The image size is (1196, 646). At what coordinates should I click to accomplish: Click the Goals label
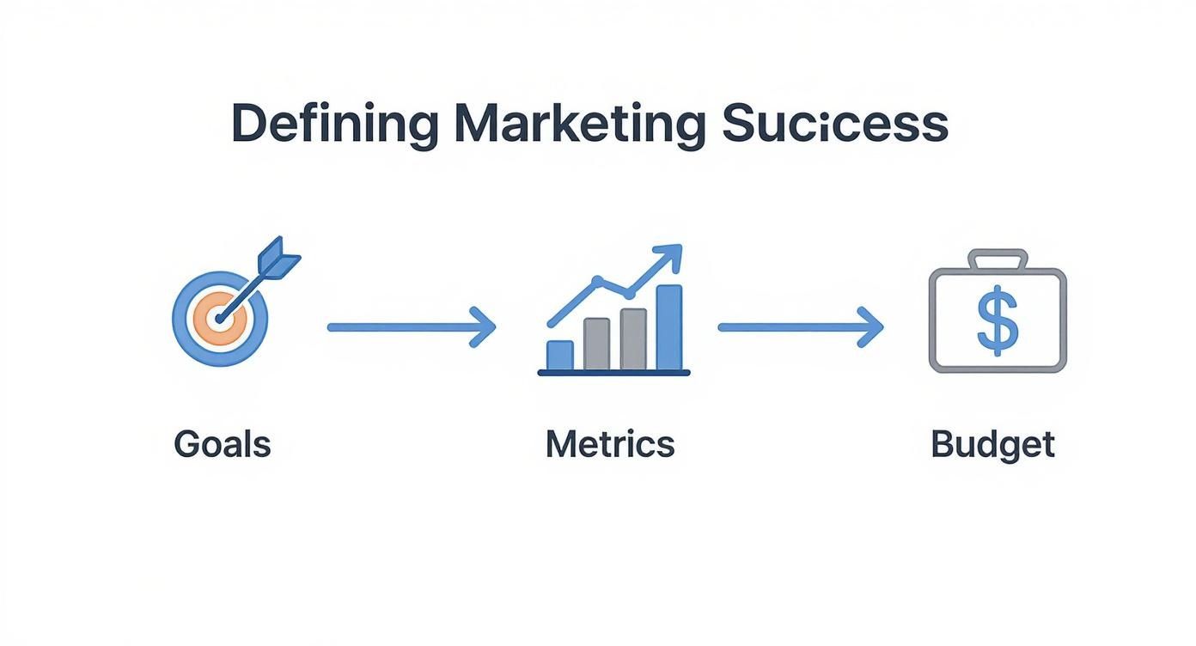point(222,445)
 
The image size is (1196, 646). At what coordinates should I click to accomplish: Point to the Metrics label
point(610,445)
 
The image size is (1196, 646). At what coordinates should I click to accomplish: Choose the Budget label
point(992,445)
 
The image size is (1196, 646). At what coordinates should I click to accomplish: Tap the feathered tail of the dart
point(281,256)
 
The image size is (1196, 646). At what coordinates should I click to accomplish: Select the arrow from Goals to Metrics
point(411,327)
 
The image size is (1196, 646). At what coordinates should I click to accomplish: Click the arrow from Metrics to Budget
point(799,327)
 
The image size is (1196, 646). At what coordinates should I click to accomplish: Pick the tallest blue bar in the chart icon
point(668,326)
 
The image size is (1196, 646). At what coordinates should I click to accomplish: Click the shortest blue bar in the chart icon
point(560,354)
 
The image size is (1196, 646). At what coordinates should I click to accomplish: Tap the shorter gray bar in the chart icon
point(596,343)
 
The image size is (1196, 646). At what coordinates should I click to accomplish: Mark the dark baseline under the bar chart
point(613,373)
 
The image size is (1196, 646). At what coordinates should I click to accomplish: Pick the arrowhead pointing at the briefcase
point(872,327)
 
